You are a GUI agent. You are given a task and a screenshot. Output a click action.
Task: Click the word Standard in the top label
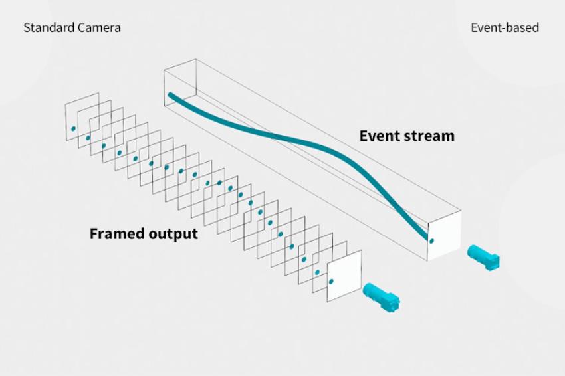pyautogui.click(x=45, y=28)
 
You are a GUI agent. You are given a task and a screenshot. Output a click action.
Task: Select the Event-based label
pyautogui.click(x=505, y=28)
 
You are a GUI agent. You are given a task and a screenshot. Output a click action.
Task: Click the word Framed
pyautogui.click(x=114, y=233)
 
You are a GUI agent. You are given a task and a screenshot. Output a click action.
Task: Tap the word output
pyautogui.click(x=170, y=234)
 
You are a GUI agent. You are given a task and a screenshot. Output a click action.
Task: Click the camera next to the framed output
pyautogui.click(x=382, y=297)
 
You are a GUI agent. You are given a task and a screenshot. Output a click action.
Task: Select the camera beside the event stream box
pyautogui.click(x=483, y=257)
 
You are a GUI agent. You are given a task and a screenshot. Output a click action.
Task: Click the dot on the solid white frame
pyautogui.click(x=331, y=281)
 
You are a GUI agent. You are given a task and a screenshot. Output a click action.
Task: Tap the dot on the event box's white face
pyautogui.click(x=431, y=241)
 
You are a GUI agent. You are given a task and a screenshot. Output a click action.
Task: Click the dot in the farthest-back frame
pyautogui.click(x=74, y=129)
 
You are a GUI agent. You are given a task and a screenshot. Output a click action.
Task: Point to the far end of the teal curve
pyautogui.click(x=170, y=95)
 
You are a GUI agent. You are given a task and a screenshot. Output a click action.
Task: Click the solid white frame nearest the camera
pyautogui.click(x=344, y=276)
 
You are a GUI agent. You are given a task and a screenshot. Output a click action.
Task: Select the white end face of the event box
pyautogui.click(x=444, y=236)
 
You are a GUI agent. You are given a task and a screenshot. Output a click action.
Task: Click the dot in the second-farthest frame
pyautogui.click(x=88, y=138)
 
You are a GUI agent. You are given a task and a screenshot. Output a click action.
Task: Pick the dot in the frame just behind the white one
pyautogui.click(x=317, y=272)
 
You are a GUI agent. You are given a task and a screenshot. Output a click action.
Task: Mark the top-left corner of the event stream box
pyautogui.click(x=164, y=70)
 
